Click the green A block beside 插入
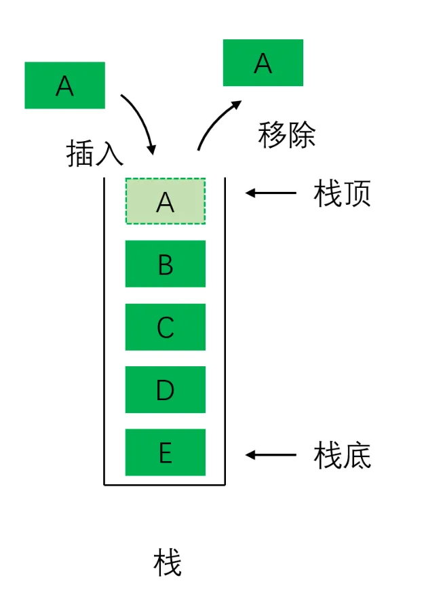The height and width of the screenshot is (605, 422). (x=64, y=85)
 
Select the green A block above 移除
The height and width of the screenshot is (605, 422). (x=263, y=63)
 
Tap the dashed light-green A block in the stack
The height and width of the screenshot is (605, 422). (x=165, y=201)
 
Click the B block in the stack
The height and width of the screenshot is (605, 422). (x=165, y=264)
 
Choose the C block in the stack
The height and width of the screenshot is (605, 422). (x=165, y=327)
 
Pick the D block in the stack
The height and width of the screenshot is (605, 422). (x=165, y=389)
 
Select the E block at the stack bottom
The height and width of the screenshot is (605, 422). (x=165, y=452)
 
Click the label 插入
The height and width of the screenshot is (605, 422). (x=94, y=154)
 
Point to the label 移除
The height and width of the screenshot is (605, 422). (x=286, y=135)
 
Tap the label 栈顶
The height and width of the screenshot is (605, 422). (x=342, y=194)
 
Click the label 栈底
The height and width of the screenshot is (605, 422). (x=342, y=456)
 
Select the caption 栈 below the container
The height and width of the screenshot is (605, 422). (x=167, y=562)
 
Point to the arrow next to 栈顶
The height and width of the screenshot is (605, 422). (x=271, y=193)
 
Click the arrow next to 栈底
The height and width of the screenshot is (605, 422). (x=271, y=454)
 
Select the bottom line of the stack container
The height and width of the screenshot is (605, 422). (x=164, y=484)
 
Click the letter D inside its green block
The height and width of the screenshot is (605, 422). (x=165, y=390)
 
